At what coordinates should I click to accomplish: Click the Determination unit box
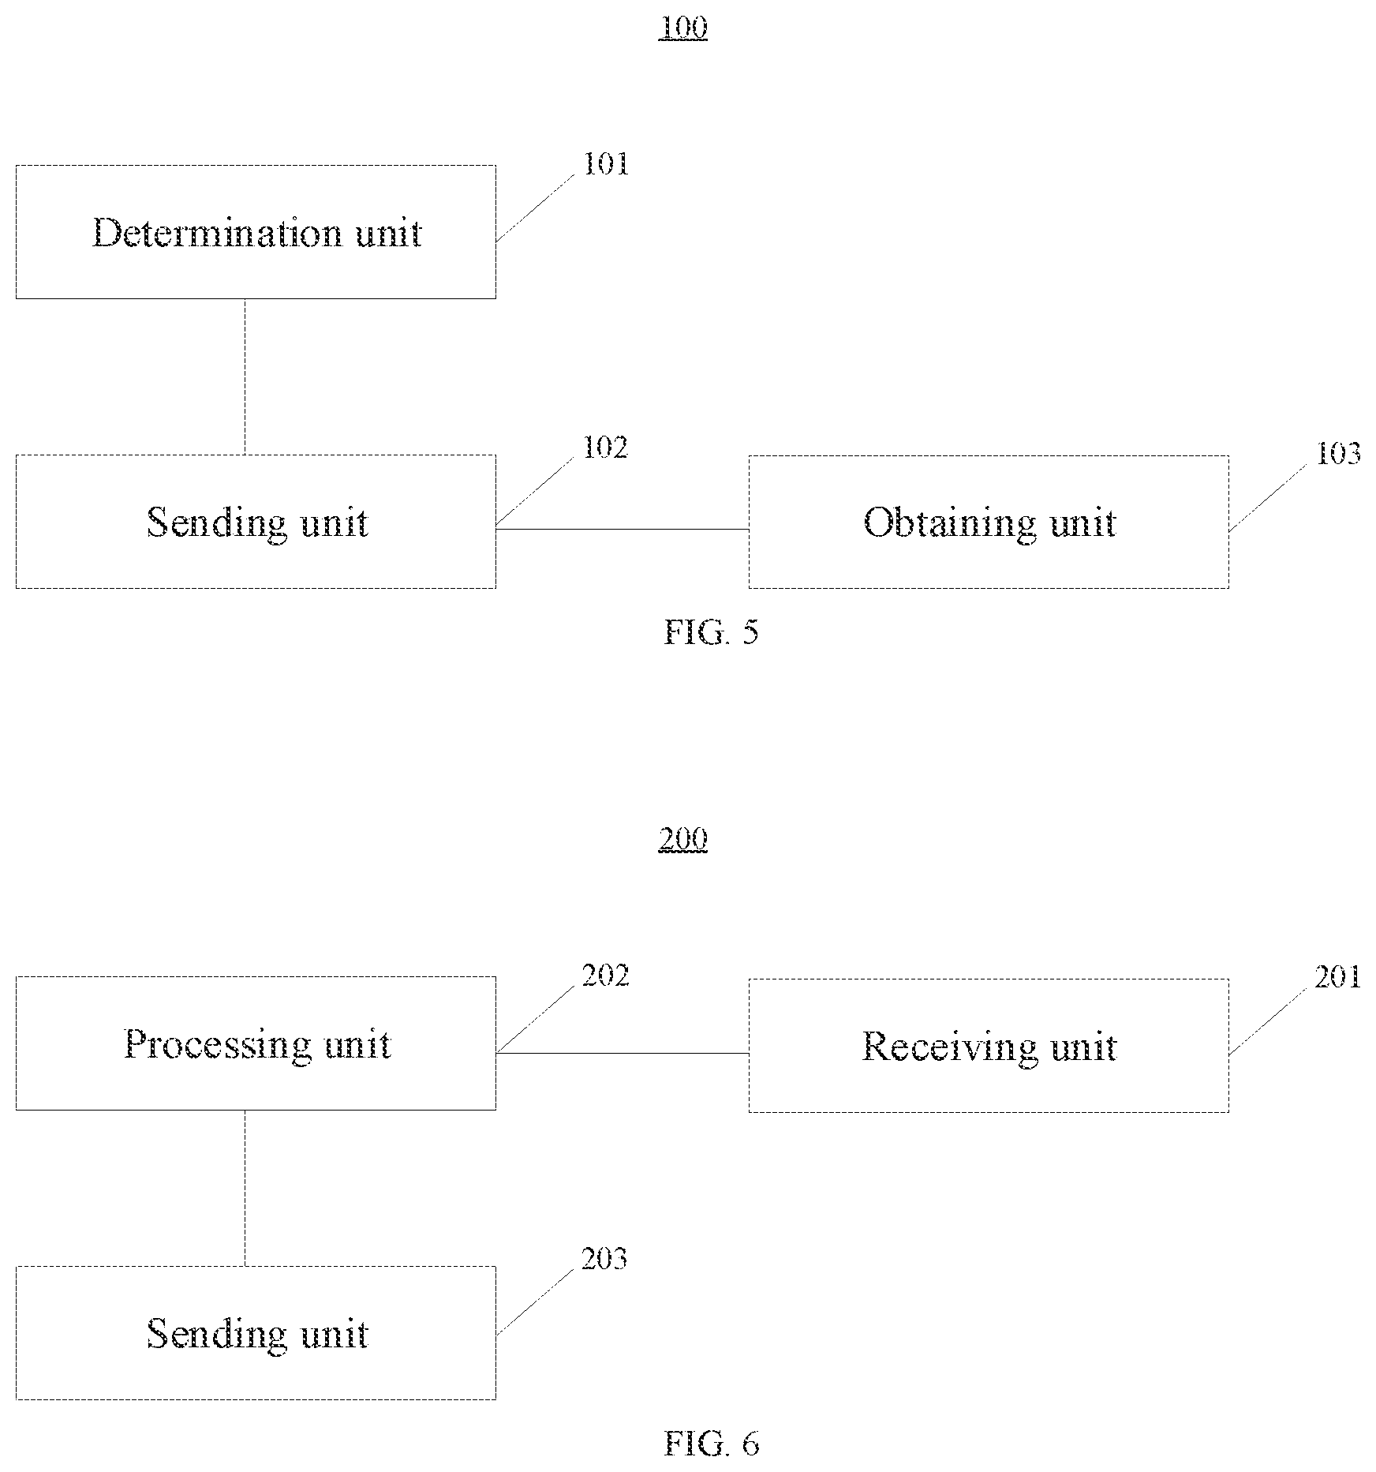point(256,232)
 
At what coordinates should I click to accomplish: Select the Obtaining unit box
point(989,522)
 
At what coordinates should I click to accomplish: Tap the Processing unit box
point(256,1043)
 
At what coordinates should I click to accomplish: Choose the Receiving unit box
point(989,1046)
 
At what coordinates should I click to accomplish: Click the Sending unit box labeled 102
point(256,522)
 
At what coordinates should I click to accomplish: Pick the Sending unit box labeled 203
point(256,1333)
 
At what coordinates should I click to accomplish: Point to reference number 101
point(605,164)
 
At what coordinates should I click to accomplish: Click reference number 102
point(605,448)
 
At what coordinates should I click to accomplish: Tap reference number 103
point(1338,453)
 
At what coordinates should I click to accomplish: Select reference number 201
point(1338,977)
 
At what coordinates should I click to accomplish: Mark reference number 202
point(605,976)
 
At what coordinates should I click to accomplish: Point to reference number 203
point(605,1259)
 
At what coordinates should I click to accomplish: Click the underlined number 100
point(683,28)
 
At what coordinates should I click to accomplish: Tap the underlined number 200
point(683,840)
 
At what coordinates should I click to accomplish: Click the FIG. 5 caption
point(711,632)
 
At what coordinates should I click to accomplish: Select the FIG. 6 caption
point(711,1444)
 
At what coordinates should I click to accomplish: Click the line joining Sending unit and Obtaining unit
point(623,529)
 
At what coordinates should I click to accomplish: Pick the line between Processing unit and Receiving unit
point(623,1053)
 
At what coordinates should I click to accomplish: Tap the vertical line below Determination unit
point(245,377)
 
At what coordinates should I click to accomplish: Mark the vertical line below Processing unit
point(245,1189)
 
